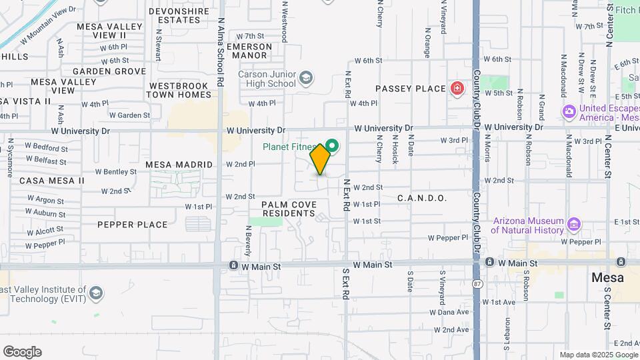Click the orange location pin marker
320,159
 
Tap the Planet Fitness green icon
333,145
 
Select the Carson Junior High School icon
305,79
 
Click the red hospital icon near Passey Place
457,89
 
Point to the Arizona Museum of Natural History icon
573,222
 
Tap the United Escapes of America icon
569,111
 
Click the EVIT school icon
97,293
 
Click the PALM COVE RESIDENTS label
288,209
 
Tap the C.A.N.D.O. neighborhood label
421,198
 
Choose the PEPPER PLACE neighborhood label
133,225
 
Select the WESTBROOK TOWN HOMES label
180,91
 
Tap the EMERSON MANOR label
249,51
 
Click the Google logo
22,351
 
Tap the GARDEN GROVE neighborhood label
100,71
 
